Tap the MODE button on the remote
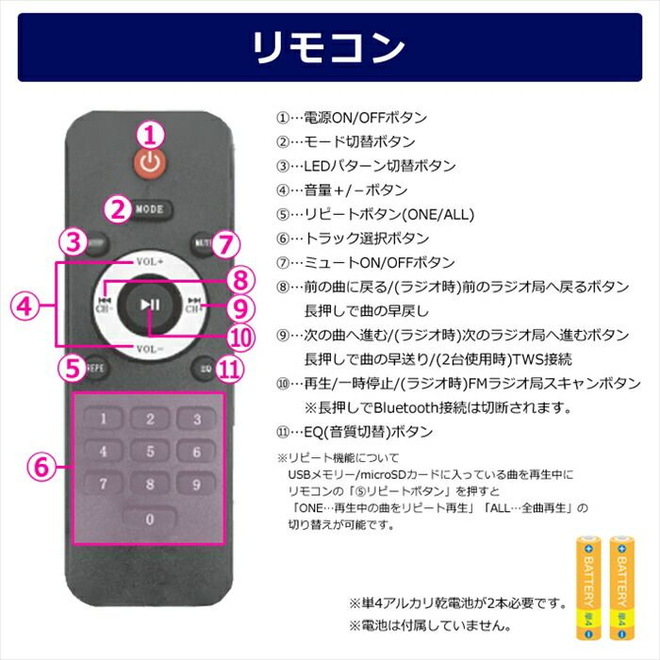pos(149,209)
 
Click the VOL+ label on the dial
pos(150,261)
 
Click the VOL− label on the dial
pos(150,348)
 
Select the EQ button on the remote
pos(205,368)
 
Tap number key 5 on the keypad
pos(149,452)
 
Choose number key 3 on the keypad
pos(196,419)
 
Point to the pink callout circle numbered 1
pos(150,133)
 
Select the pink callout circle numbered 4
pos(26,305)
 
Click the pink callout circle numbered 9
pos(241,307)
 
